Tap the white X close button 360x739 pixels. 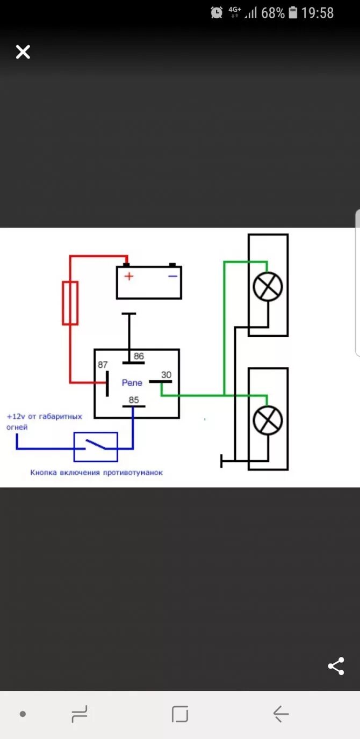pyautogui.click(x=23, y=52)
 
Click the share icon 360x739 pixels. pyautogui.click(x=336, y=666)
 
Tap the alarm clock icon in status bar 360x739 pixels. pyautogui.click(x=217, y=12)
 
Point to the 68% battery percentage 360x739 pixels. pyautogui.click(x=272, y=13)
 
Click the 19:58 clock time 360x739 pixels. pyautogui.click(x=318, y=13)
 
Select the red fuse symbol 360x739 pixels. pyautogui.click(x=70, y=303)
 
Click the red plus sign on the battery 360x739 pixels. pyautogui.click(x=129, y=276)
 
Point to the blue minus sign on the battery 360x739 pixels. pyautogui.click(x=172, y=276)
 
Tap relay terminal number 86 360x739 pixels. pyautogui.click(x=139, y=356)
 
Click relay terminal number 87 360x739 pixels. pyautogui.click(x=103, y=365)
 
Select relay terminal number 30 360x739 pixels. pyautogui.click(x=166, y=375)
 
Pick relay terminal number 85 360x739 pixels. pyautogui.click(x=134, y=400)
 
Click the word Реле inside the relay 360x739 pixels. pyautogui.click(x=132, y=382)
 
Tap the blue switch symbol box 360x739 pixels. pyautogui.click(x=96, y=447)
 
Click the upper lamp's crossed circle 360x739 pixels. pyautogui.click(x=268, y=286)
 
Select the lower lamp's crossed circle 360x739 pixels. pyautogui.click(x=268, y=420)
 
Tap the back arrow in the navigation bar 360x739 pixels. pyautogui.click(x=280, y=714)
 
